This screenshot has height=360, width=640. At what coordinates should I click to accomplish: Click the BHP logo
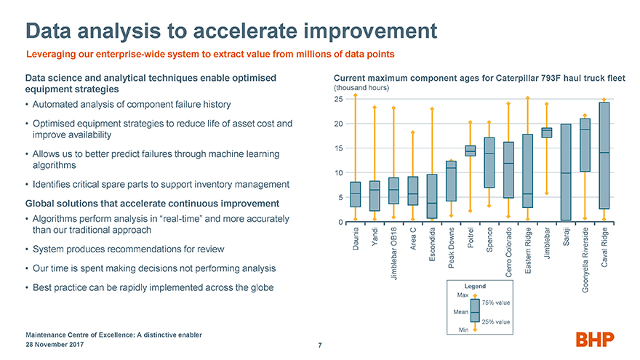point(595,339)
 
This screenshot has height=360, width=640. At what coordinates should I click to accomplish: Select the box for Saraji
point(566,172)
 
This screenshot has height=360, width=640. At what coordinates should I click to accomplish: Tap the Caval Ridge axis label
point(604,247)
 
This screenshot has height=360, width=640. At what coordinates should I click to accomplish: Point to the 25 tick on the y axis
point(338,99)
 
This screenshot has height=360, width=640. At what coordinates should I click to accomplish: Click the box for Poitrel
point(471,151)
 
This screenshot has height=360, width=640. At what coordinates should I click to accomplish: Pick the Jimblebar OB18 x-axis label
point(394,254)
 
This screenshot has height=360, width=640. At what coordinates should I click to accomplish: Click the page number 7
point(320,345)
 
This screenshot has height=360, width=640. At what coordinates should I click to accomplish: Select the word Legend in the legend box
point(475,286)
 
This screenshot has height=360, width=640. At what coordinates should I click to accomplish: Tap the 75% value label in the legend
point(496,303)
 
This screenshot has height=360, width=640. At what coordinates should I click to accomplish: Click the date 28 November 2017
point(55,345)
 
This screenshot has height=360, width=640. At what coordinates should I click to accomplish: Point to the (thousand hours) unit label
point(361,88)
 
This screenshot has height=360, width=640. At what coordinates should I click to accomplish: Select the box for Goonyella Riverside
point(585,145)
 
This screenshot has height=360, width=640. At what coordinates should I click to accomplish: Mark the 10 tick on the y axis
point(339,173)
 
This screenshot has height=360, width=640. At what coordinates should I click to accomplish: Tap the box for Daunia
point(356,194)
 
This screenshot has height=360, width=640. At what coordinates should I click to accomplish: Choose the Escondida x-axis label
point(432,244)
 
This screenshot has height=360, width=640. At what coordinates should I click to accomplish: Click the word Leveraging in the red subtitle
point(51,55)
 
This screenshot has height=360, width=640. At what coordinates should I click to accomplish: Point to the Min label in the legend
point(464,329)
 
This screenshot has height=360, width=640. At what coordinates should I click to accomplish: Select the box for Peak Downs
point(451,181)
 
